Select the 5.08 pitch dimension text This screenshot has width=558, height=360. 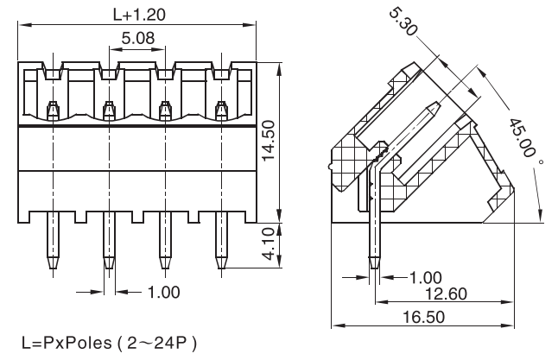tap(138, 39)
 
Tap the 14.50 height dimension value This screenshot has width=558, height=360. tap(269, 138)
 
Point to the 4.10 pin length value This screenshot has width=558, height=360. tap(269, 245)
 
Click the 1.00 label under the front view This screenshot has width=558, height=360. tap(163, 292)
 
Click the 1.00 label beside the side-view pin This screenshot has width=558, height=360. tap(424, 278)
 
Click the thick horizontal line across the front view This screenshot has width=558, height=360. tap(138, 127)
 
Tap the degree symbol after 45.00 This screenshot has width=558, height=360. tap(541, 161)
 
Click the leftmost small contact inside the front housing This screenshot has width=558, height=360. tap(51, 109)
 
